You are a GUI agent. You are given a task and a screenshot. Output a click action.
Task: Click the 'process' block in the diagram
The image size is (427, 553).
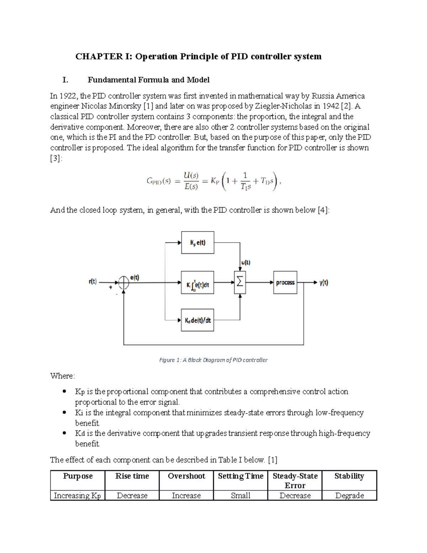pos(285,282)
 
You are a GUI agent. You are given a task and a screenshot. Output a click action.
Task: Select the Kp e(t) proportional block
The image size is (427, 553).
pos(197,242)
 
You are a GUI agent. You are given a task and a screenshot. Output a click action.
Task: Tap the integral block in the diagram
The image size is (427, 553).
pos(197,283)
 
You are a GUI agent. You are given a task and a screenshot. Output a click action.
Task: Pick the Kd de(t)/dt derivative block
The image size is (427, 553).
pos(197,320)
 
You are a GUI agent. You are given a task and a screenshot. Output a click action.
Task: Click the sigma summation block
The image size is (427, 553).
pos(240,282)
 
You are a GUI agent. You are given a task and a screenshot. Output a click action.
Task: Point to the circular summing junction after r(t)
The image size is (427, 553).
pos(123,283)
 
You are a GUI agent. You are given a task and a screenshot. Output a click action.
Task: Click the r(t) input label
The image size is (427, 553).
pos(93,281)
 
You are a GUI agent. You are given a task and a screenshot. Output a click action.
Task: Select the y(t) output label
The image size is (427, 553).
pos(323,283)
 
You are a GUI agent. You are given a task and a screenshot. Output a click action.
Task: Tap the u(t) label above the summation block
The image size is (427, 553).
pos(246,263)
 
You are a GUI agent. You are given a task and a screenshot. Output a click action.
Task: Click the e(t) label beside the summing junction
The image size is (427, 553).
pos(135,277)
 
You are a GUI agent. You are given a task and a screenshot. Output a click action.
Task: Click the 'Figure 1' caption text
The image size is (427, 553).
pos(213,360)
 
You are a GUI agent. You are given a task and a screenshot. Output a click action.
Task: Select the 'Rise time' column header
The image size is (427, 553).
pos(132,476)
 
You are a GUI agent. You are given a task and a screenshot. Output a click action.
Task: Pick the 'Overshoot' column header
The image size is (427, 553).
pos(186,476)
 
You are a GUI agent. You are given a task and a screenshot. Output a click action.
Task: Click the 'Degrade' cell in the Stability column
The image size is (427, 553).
pos(349,495)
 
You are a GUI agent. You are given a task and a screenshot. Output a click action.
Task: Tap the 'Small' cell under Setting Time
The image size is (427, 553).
pos(241,495)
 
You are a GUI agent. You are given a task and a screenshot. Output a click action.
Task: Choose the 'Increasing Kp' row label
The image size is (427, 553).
pos(77,495)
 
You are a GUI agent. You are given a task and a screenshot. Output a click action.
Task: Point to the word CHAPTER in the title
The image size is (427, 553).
pos(99,56)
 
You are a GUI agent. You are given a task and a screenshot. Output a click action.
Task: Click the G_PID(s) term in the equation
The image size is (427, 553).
pos(158,181)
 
